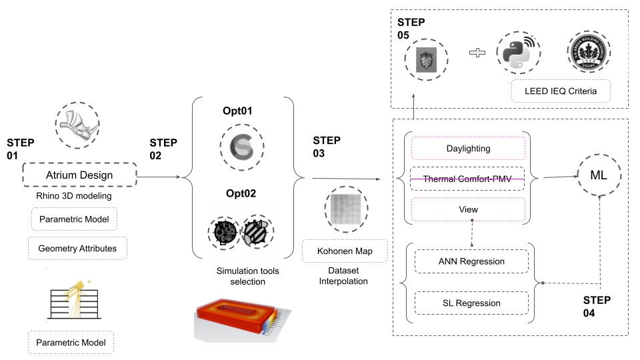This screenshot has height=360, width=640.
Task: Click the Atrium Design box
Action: (x=79, y=175)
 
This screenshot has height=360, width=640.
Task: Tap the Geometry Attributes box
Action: (x=77, y=249)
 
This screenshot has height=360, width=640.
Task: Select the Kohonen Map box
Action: (x=344, y=251)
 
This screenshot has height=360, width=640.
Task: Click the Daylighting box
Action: (x=468, y=149)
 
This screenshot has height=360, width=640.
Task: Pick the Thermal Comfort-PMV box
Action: (x=468, y=179)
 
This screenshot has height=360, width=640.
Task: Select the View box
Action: (x=468, y=209)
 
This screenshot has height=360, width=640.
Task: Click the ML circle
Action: (x=598, y=175)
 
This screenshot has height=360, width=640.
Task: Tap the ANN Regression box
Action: (x=471, y=261)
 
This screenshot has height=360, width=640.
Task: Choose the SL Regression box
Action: (x=471, y=303)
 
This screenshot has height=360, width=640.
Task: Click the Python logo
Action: (x=518, y=53)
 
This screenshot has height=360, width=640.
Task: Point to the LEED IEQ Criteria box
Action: (x=560, y=91)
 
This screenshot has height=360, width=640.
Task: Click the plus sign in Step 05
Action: (x=477, y=53)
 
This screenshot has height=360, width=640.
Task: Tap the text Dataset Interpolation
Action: (x=344, y=276)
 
